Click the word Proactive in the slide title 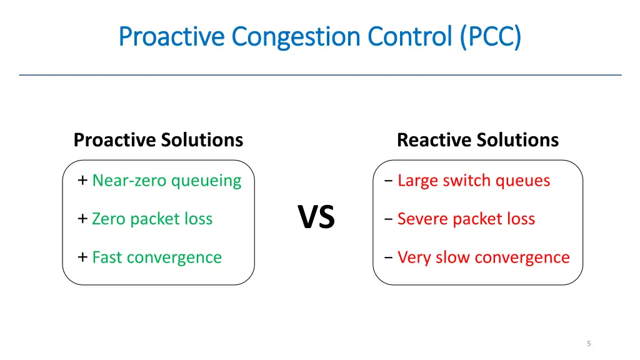[171, 36]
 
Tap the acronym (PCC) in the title [490, 36]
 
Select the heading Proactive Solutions [158, 139]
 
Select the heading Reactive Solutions [477, 139]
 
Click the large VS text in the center [316, 217]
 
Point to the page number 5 [589, 343]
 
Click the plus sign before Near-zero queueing [82, 181]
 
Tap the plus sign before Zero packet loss [82, 219]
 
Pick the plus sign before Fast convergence [82, 257]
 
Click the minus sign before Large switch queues [389, 181]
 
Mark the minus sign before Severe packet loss [389, 219]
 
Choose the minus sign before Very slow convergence [389, 258]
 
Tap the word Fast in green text [104, 257]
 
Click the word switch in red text [467, 181]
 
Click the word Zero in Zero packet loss [106, 219]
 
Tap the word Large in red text [417, 181]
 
